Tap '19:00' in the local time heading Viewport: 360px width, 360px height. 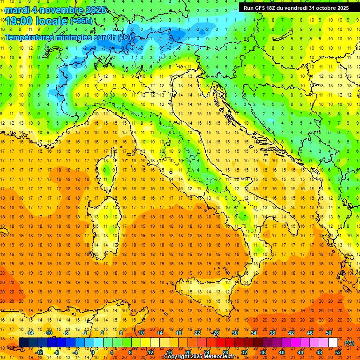click(20, 21)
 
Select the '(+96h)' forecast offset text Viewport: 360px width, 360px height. click(82, 21)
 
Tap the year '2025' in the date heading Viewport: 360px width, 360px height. click(85, 10)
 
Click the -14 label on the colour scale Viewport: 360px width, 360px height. click(30, 333)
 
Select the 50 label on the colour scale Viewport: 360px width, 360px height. click(329, 333)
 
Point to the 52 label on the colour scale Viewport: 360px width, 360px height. click(338, 352)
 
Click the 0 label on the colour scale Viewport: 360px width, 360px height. click(93, 352)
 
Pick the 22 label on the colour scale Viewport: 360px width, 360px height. click(197, 333)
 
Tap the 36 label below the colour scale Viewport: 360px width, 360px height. click(263, 352)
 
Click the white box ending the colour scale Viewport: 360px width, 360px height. click(333, 342)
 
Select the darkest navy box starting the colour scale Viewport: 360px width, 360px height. click(23, 342)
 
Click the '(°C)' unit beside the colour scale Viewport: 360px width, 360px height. click(349, 343)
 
